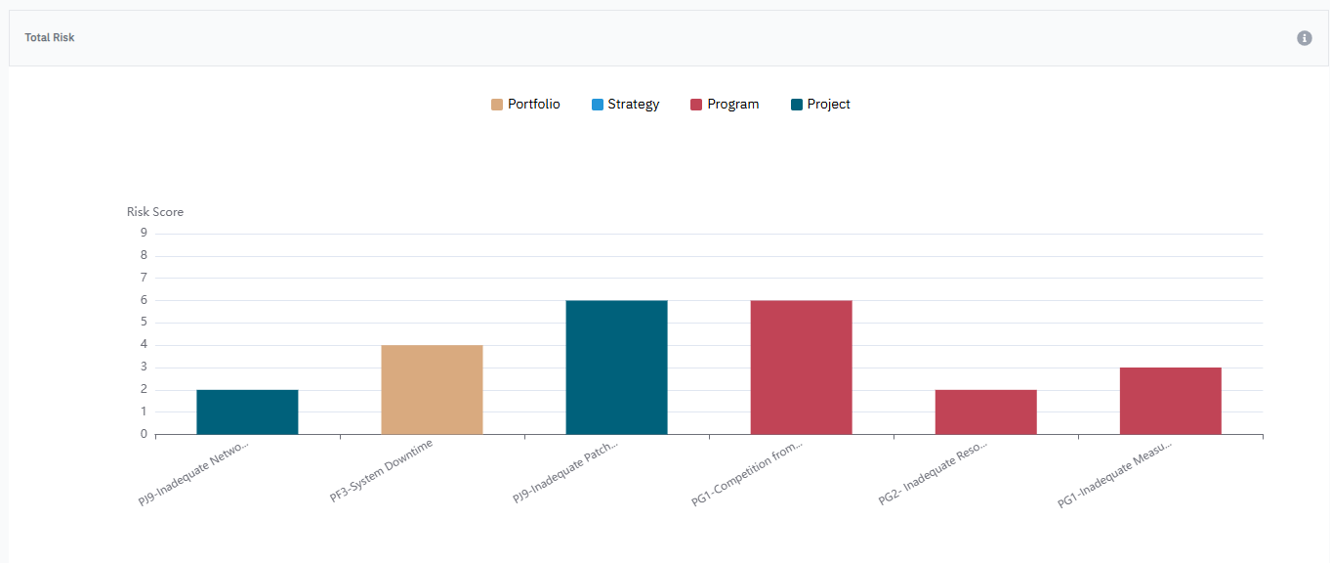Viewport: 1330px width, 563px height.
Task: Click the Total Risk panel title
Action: tap(50, 38)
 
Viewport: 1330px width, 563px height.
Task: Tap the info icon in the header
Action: tap(1304, 38)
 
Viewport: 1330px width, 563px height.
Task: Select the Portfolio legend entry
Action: tap(525, 105)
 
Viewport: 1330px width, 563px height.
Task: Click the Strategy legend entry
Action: tap(625, 105)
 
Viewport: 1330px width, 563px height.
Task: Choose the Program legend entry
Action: tap(725, 105)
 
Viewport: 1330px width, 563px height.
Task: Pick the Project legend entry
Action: tap(820, 105)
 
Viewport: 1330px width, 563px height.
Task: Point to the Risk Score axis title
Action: tap(155, 212)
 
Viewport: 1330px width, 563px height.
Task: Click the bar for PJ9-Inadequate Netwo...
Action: tap(247, 411)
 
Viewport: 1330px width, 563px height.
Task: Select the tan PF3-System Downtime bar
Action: tap(432, 389)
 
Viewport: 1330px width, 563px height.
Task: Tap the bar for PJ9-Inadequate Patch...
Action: tap(616, 367)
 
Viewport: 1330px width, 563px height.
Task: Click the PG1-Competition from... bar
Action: tap(801, 367)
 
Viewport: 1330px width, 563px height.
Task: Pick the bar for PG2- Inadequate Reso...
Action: tap(985, 411)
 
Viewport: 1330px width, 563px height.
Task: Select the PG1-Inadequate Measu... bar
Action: tap(1170, 401)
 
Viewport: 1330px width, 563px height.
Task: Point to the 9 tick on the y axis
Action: tap(144, 233)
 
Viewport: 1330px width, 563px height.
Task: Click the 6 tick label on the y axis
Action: tap(144, 300)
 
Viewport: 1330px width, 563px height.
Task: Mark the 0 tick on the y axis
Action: tap(144, 434)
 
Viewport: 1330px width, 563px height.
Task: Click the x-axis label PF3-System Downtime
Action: tap(383, 470)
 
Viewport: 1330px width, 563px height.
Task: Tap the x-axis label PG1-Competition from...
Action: tap(748, 474)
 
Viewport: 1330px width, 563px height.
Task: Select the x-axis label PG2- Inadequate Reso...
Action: tap(934, 473)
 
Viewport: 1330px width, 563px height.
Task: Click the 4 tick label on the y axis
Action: tap(144, 344)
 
